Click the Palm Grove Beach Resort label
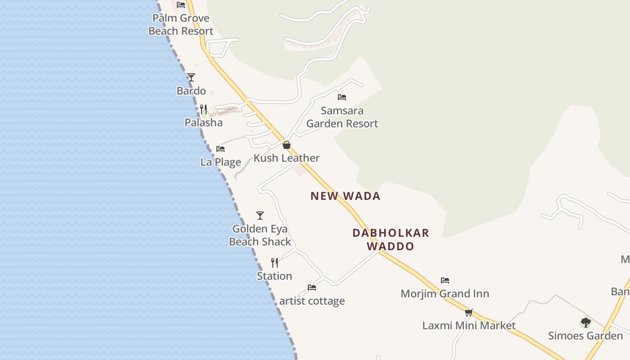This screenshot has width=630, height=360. (x=181, y=25)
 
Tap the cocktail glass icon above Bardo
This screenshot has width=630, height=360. (x=191, y=77)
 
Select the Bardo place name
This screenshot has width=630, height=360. (x=191, y=91)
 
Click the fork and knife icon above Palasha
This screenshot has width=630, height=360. (x=203, y=109)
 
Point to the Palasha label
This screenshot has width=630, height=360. (x=203, y=122)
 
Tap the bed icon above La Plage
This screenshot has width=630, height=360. (x=220, y=148)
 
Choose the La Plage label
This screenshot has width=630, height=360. (x=220, y=162)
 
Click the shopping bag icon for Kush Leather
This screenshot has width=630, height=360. (x=287, y=145)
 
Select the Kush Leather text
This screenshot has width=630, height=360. (x=287, y=158)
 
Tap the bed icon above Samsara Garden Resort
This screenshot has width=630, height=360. (x=342, y=97)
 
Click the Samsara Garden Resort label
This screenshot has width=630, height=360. (x=342, y=117)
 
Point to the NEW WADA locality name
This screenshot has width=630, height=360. (x=346, y=196)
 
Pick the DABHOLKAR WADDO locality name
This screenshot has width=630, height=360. (x=391, y=239)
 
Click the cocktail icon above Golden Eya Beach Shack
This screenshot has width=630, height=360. (x=260, y=216)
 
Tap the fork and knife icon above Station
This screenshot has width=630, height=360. (x=274, y=262)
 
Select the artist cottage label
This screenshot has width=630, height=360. (x=312, y=301)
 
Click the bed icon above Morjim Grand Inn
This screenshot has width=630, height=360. (x=445, y=280)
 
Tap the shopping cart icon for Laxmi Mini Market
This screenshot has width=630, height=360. (x=469, y=312)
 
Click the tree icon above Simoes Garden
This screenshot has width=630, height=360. (x=585, y=322)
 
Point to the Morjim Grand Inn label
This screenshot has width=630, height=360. (x=445, y=294)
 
